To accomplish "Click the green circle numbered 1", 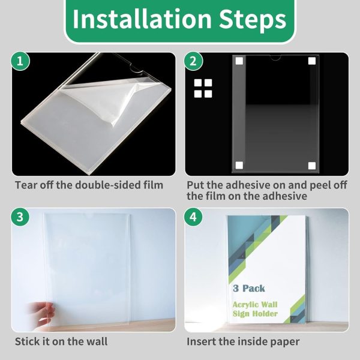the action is pos(20,61).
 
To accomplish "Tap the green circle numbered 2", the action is pos(193,61).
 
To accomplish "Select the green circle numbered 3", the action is pos(20,217).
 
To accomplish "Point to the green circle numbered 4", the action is pos(193,217).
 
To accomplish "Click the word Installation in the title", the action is pos(142,19).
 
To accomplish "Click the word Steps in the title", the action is pos(253,20).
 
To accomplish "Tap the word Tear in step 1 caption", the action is pos(26,185).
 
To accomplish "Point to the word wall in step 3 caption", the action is pos(97,341).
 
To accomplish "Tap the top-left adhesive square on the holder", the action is pos(239,61).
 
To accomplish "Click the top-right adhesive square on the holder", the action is pos(312,61).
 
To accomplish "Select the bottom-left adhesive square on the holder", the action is pos(239,166).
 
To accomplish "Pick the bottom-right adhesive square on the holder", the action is pos(312,166).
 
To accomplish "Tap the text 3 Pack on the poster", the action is pos(249,289).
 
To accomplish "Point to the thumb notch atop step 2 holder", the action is pos(275,58).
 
